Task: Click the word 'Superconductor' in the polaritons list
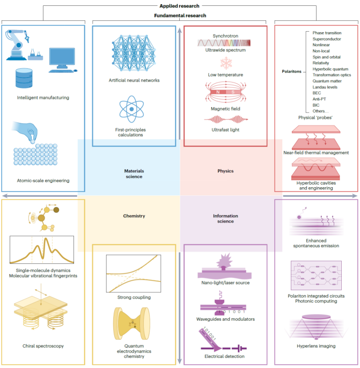(x=328, y=39)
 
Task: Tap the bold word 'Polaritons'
(x=294, y=70)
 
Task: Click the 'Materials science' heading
(x=134, y=174)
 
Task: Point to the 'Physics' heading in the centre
(x=225, y=172)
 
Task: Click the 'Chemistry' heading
(x=134, y=217)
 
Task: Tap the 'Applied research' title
(x=180, y=6)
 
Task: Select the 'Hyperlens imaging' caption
(x=316, y=346)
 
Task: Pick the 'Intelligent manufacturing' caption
(x=42, y=98)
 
